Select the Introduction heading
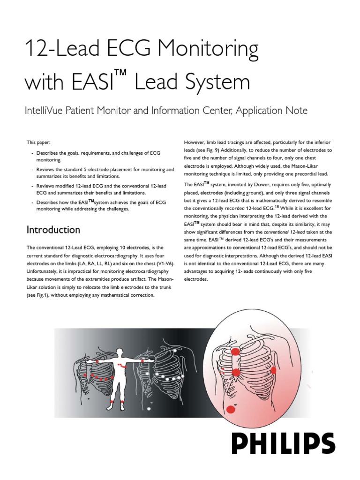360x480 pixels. [x=53, y=230]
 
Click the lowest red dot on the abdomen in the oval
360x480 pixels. [x=230, y=410]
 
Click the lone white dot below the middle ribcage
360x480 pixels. [x=149, y=409]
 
